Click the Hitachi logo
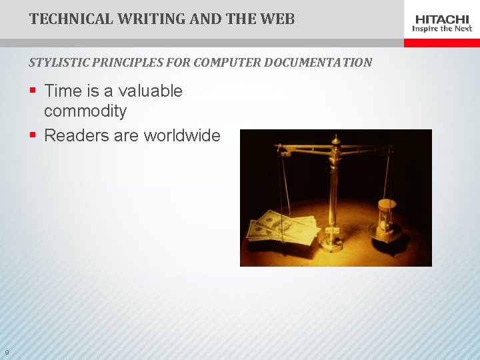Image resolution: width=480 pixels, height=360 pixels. point(442,19)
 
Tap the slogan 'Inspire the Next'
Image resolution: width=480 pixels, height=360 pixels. point(442,29)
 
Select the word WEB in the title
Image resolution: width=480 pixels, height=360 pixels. point(278,19)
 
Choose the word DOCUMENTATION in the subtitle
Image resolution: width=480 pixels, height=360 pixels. point(318,63)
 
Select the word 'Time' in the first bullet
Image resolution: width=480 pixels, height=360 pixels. point(63,91)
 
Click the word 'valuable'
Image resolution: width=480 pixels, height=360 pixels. point(152,91)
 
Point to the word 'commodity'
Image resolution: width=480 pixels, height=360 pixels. point(85,110)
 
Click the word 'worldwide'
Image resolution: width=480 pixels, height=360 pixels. point(181,135)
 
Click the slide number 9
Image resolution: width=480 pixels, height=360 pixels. point(6,353)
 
